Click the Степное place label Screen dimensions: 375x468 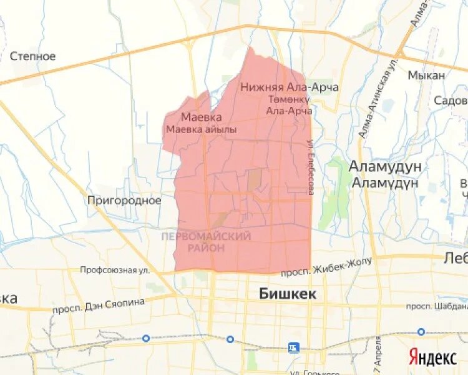pos(33,56)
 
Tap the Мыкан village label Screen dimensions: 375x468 pos(426,75)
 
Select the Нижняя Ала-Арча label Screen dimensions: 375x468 pos(289,87)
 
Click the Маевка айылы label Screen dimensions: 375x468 pos(201,129)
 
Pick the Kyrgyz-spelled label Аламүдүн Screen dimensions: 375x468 pos(385,182)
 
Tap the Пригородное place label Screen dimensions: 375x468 pos(124,201)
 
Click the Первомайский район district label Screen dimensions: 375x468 pos(206,242)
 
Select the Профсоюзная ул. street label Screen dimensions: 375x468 pos(115,270)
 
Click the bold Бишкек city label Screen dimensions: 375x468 pos(288,293)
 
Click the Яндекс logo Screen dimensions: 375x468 pos(432,357)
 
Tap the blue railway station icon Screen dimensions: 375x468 pos(293,347)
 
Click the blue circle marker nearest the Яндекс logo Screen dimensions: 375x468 pos(421,332)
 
